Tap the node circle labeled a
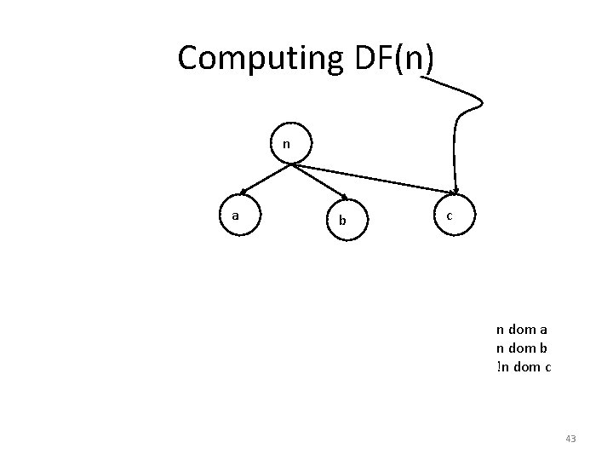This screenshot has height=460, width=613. coord(236,216)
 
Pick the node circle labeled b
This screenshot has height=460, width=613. coord(343,220)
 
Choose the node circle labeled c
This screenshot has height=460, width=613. coord(449,216)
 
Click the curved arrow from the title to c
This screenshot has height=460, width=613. coord(460,128)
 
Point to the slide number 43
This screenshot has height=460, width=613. coord(570,439)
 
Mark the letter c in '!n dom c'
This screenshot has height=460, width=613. coord(547,367)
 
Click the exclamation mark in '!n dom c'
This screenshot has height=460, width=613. coord(498,367)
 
